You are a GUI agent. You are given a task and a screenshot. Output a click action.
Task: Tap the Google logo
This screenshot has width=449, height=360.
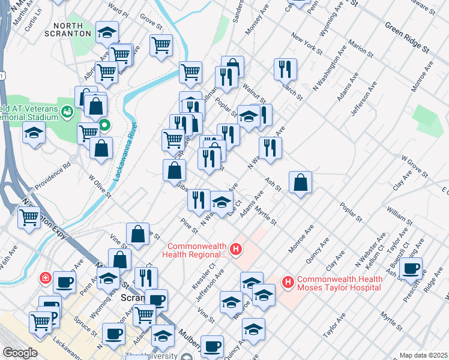click(x=20, y=353)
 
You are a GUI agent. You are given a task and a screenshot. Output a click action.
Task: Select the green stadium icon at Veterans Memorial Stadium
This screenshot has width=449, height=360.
click(x=67, y=111)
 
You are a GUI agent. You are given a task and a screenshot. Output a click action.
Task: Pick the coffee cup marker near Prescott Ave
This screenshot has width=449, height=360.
click(x=411, y=268)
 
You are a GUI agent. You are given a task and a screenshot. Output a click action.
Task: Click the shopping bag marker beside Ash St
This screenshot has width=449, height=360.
click(x=300, y=182)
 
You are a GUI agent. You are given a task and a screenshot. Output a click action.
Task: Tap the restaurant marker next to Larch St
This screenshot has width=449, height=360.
click(x=285, y=68)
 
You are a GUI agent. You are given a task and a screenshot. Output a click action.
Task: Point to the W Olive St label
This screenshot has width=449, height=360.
click(x=100, y=186)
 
